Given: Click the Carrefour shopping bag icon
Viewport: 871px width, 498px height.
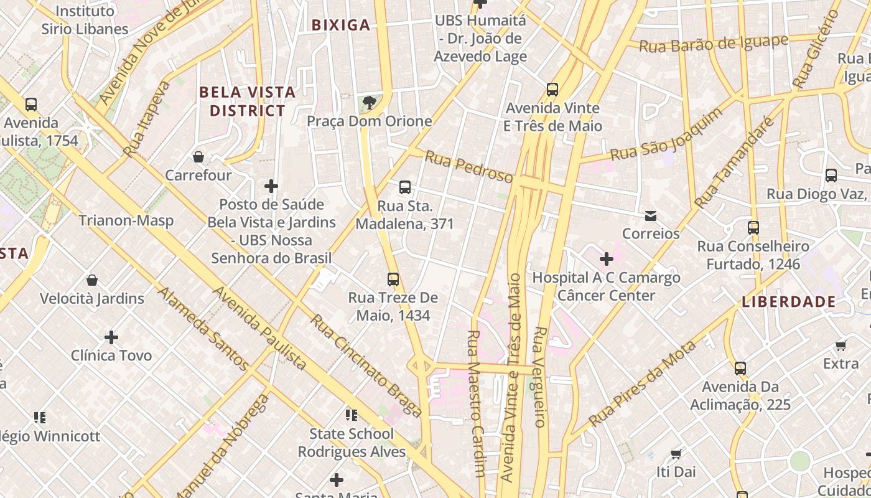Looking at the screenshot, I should [x=198, y=156].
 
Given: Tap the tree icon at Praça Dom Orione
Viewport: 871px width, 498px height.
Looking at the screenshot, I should [x=370, y=102].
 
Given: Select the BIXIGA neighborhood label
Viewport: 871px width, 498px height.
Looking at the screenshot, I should [x=341, y=25].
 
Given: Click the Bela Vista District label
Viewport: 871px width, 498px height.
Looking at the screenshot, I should [x=247, y=101].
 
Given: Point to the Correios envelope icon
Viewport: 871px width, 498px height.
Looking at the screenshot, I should [x=651, y=216].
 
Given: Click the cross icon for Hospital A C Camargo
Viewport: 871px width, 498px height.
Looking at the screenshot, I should [x=607, y=259].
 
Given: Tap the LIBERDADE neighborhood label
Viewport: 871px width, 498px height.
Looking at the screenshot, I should [x=789, y=302].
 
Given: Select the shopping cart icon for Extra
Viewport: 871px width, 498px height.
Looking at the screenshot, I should [x=841, y=345].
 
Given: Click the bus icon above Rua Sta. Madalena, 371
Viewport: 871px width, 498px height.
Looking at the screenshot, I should [x=405, y=187].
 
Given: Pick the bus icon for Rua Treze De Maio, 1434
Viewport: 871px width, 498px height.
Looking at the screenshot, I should [x=393, y=279].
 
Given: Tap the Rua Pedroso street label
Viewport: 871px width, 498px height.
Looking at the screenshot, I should [x=469, y=166].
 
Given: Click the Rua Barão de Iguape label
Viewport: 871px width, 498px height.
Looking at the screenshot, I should [x=714, y=44].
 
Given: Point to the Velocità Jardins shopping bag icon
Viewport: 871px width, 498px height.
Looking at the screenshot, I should [x=92, y=280].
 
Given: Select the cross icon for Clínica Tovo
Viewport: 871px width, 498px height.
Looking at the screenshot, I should [x=111, y=337].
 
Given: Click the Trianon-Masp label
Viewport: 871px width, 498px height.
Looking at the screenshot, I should [x=126, y=220].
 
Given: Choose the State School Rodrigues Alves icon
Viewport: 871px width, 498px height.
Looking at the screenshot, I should [x=352, y=415].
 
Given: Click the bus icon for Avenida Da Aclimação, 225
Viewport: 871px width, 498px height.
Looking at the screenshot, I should [x=740, y=368].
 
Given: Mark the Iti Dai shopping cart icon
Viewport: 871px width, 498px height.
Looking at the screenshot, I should [x=676, y=454].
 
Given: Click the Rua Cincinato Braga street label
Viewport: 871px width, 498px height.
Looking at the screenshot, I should [x=366, y=365].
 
